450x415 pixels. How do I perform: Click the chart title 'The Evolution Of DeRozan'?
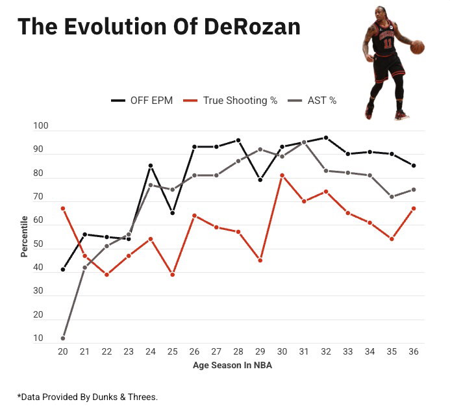click(158, 27)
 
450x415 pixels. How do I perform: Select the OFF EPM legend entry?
click(142, 101)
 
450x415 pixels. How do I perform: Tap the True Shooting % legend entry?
click(231, 101)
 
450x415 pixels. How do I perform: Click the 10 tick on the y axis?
click(38, 338)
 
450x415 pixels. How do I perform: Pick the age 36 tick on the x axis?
click(414, 352)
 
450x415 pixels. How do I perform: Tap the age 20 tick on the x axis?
click(62, 352)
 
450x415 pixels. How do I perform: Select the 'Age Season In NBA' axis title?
click(238, 366)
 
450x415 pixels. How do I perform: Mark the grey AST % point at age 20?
click(63, 338)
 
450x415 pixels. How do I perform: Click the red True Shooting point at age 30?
click(282, 175)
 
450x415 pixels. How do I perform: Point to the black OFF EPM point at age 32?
click(326, 138)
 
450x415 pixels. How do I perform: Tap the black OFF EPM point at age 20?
click(63, 270)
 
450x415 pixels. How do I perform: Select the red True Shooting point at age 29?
click(260, 260)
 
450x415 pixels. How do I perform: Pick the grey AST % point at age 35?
click(392, 197)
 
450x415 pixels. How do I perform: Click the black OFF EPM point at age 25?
click(172, 213)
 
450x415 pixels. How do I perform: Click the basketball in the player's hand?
click(417, 47)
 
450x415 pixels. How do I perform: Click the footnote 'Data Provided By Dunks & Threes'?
click(88, 396)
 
